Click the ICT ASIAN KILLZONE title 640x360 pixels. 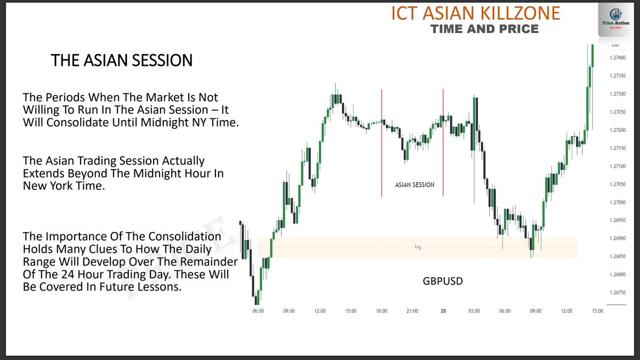pos(476,13)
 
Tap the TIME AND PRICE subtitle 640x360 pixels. pos(485,28)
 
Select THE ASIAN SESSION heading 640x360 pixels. pos(122,60)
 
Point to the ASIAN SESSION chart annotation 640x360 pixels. pos(414,185)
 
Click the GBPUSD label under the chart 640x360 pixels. pos(442,281)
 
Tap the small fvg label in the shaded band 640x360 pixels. pos(418,247)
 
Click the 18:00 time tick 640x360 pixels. pos(381,311)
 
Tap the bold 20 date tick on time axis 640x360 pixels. pos(443,311)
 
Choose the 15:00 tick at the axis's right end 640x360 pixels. pos(597,311)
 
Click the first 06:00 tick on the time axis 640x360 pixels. pos(258,311)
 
